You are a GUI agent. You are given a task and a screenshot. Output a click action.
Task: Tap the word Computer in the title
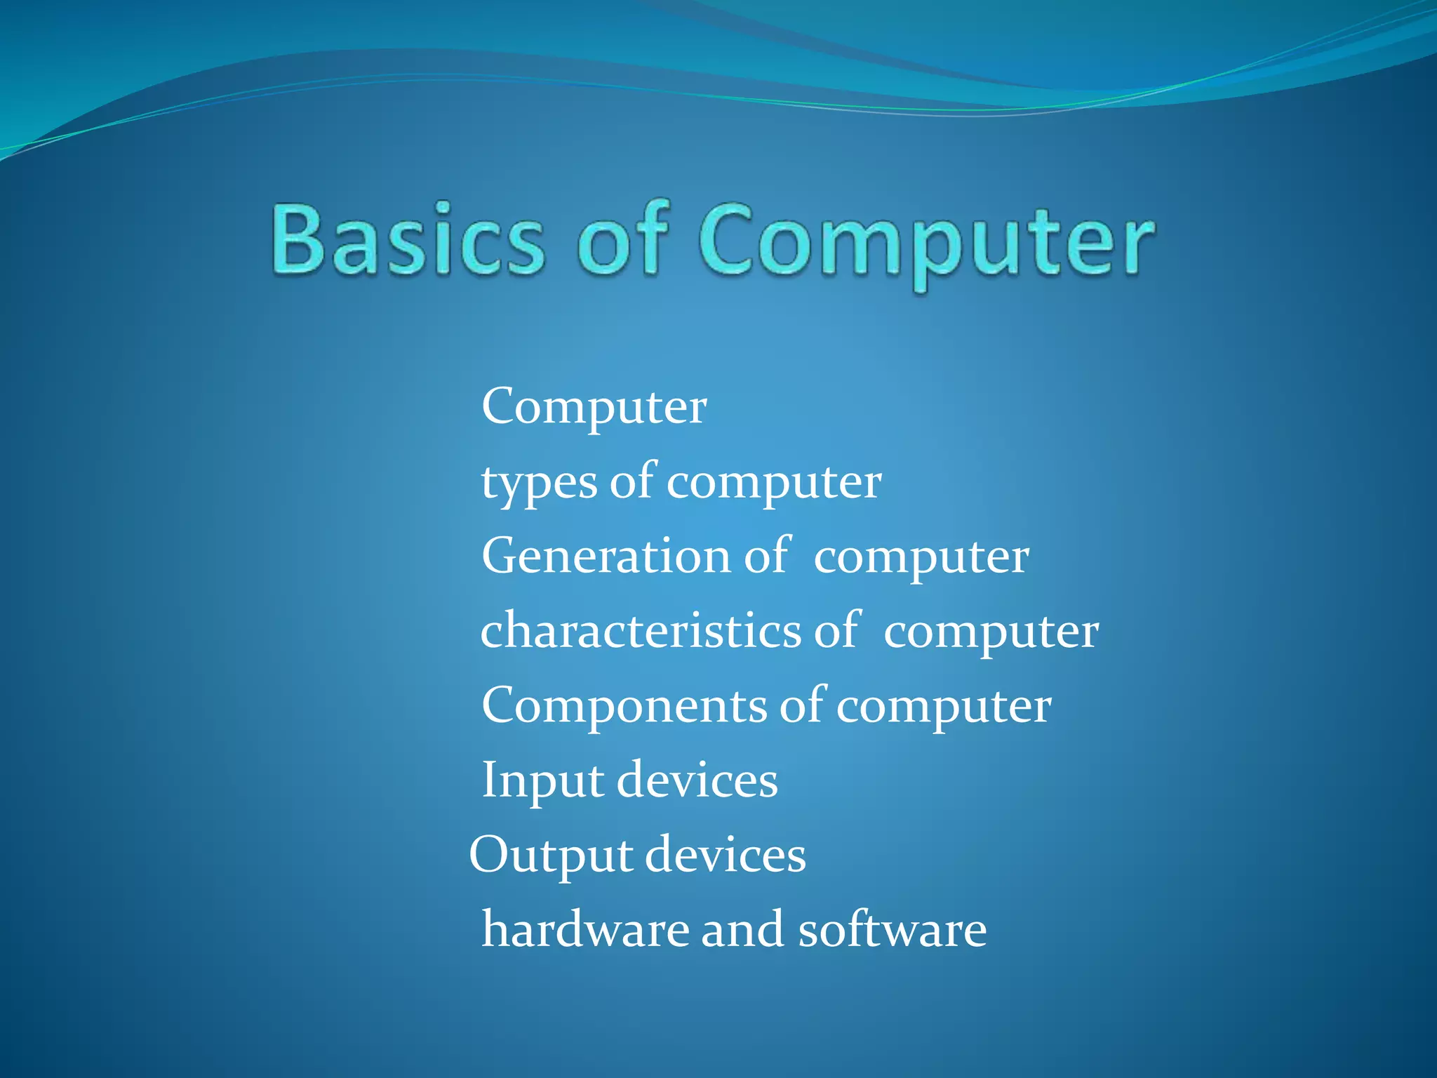(x=926, y=242)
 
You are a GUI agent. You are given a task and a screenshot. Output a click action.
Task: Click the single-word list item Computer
(x=594, y=407)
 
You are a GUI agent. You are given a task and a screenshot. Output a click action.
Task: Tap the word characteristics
(x=640, y=630)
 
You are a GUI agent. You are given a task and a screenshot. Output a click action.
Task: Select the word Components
(x=624, y=705)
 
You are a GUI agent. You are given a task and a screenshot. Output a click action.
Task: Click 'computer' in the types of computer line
(x=774, y=484)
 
